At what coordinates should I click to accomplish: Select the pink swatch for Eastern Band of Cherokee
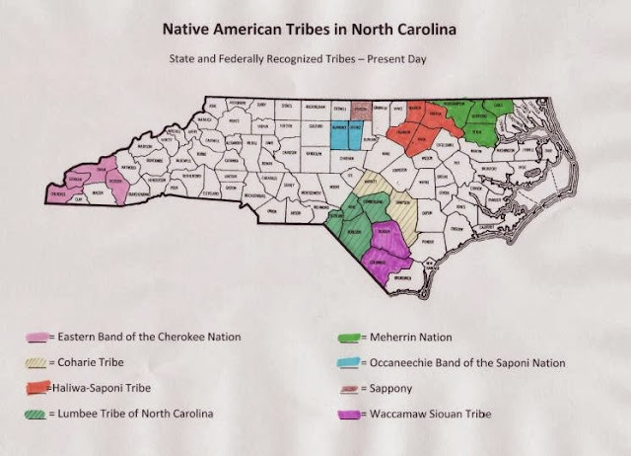[x=39, y=337]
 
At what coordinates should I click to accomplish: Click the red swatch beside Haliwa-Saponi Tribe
[x=38, y=388]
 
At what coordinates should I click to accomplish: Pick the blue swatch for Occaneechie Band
[x=352, y=362]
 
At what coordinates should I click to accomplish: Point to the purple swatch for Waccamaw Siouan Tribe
[x=352, y=414]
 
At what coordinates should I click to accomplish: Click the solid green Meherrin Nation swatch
[x=352, y=337]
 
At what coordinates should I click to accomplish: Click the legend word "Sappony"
[x=388, y=388]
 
